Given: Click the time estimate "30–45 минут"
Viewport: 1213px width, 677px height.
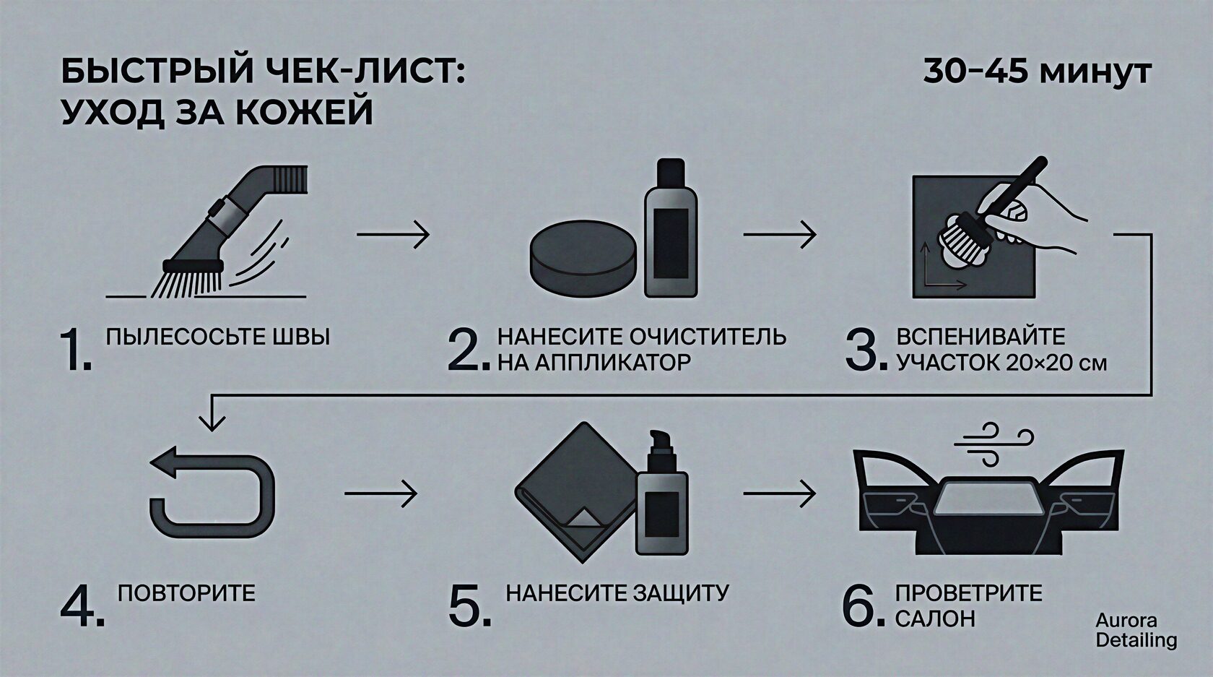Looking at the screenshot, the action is click(x=1037, y=72).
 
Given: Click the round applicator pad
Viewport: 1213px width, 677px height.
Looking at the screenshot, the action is click(x=583, y=256).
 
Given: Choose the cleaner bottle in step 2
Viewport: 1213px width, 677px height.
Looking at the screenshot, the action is click(x=670, y=228).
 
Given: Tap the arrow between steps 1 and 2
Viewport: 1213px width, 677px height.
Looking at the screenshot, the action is click(x=393, y=234).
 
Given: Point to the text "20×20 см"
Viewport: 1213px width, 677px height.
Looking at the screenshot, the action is click(x=1056, y=363).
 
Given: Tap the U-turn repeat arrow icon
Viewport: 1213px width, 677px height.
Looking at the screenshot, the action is click(x=212, y=493).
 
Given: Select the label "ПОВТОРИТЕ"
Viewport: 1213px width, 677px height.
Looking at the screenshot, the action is click(x=186, y=593).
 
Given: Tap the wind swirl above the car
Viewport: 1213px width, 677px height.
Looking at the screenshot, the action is click(x=994, y=444).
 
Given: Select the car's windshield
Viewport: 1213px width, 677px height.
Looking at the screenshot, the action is click(x=989, y=496).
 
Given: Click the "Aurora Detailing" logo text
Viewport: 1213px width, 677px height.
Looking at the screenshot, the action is click(x=1136, y=630).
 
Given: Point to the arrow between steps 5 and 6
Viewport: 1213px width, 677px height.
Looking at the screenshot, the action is click(x=779, y=493).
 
